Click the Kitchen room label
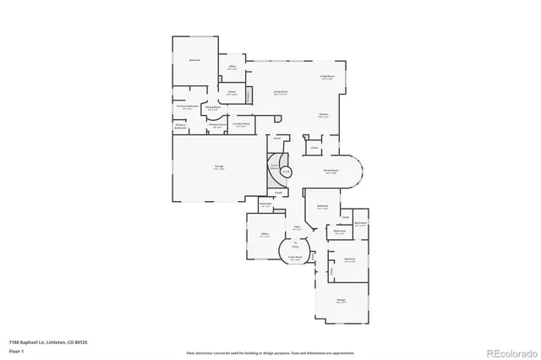tap(323, 115)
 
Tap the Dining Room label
tap(331, 170)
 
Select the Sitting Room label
tap(213, 107)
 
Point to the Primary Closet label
tap(217, 125)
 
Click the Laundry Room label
tap(242, 124)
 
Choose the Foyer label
tap(297, 226)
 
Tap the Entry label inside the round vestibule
tap(296, 245)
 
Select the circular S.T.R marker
tap(286, 172)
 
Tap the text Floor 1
tap(16, 350)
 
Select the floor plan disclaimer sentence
tap(270, 352)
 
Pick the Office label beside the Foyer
tap(265, 234)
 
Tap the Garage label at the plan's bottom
tap(341, 300)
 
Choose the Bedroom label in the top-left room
tap(194, 61)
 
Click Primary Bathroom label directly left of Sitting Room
tap(187, 107)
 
